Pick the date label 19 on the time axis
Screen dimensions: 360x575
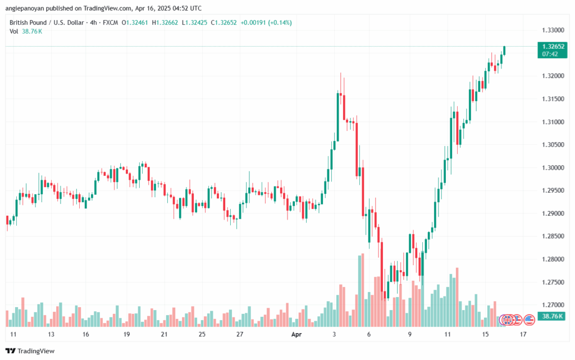pos(126,334)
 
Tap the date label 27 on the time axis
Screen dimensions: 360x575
pos(240,334)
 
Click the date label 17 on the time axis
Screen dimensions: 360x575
pos(523,334)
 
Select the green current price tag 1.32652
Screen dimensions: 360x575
pos(550,46)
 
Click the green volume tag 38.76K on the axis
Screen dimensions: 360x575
pos(550,317)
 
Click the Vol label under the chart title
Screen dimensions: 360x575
pos(14,31)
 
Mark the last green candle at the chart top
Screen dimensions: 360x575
pos(505,51)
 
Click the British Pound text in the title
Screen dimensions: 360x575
pos(29,22)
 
